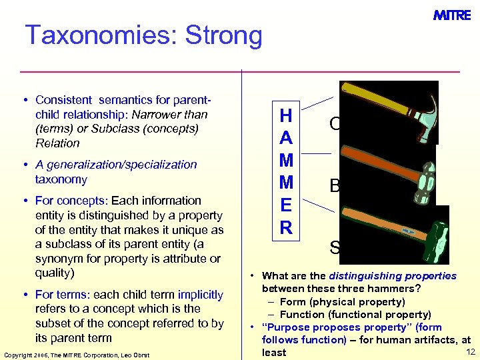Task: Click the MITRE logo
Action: tap(452, 15)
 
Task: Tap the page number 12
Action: tap(470, 351)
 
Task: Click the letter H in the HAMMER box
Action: tap(286, 115)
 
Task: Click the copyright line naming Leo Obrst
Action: tap(77, 354)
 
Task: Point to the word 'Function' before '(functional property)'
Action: tap(303, 315)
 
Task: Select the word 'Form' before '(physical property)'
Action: tap(293, 302)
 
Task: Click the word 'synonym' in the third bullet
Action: tap(58, 259)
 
